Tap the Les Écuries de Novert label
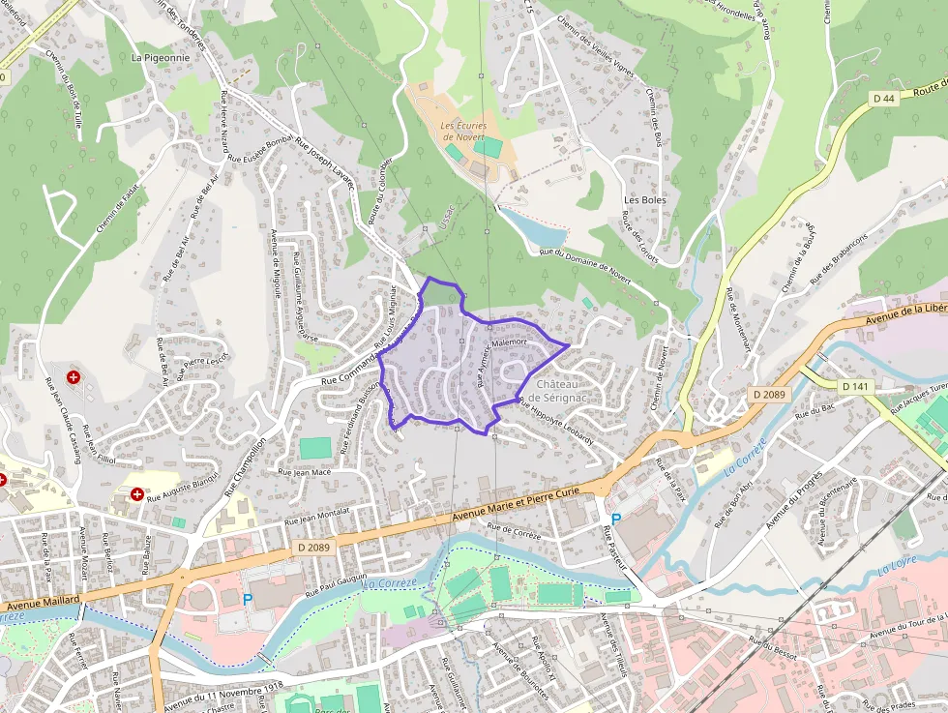tap(461, 132)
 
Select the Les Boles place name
tap(645, 200)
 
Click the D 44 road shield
tap(882, 98)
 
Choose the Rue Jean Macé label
tap(305, 472)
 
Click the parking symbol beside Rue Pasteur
tap(615, 520)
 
